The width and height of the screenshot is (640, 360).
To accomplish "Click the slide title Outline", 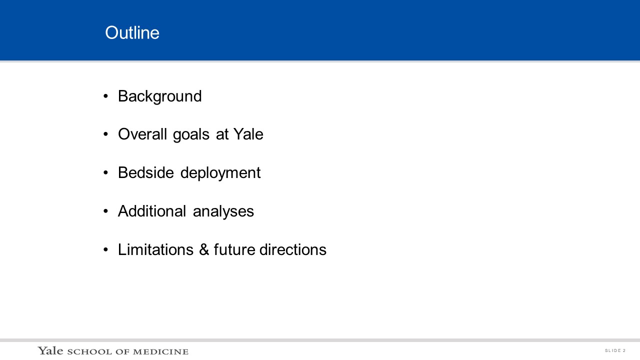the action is [x=132, y=32].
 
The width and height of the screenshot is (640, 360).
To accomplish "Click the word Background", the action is [x=159, y=96].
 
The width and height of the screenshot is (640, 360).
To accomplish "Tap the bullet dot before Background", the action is [x=105, y=96].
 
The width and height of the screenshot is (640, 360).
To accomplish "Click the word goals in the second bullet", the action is [x=191, y=135].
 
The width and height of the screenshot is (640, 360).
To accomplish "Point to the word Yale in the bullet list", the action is [x=248, y=134].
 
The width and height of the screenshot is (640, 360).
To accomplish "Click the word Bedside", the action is [x=145, y=172].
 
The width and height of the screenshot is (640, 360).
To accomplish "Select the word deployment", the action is [x=220, y=173].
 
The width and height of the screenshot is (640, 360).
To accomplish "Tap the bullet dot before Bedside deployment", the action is [x=105, y=172].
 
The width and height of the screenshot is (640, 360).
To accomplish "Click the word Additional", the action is [x=152, y=211].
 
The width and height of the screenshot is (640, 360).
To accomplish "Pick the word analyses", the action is [x=223, y=211].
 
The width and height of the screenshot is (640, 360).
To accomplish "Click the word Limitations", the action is [x=155, y=249].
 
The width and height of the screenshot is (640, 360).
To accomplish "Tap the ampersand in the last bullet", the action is [x=204, y=249].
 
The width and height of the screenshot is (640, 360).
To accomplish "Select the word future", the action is [x=234, y=249].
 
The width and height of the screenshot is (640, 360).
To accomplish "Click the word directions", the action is [x=293, y=249].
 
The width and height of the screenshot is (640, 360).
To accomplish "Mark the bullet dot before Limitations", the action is [x=105, y=249].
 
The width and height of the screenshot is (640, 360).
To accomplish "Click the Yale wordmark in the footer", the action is [x=50, y=350].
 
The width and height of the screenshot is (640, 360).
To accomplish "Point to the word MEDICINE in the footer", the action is [x=160, y=351].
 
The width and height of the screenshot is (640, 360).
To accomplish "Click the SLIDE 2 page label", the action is [x=615, y=350].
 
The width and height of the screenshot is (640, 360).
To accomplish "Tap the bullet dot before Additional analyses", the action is [x=105, y=211].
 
